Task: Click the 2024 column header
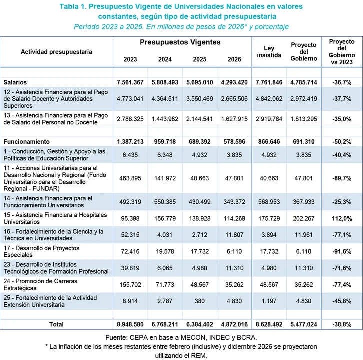click(165, 59)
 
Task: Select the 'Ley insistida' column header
click(269, 52)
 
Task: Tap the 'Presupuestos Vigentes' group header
click(180, 43)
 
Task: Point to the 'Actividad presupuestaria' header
click(56, 52)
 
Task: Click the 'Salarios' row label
click(15, 82)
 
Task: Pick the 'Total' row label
click(56, 324)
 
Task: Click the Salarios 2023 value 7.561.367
click(130, 82)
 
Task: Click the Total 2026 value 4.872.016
click(234, 324)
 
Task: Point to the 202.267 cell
click(304, 218)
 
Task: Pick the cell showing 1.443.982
click(165, 119)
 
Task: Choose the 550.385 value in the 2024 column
click(165, 202)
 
